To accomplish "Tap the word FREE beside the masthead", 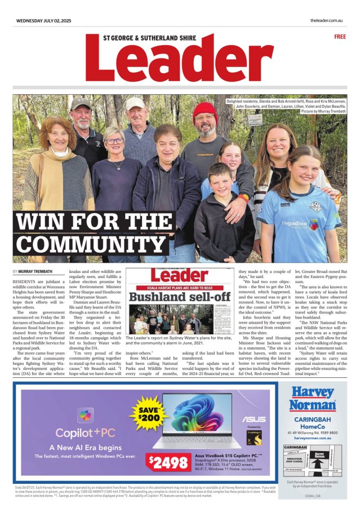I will pyautogui.click(x=340, y=37).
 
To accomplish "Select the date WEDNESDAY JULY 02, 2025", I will pyautogui.click(x=43, y=21).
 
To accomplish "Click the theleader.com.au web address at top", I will pyautogui.click(x=327, y=21).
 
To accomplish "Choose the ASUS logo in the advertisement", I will pyautogui.click(x=254, y=420).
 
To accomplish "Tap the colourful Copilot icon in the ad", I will pyautogui.click(x=86, y=416).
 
